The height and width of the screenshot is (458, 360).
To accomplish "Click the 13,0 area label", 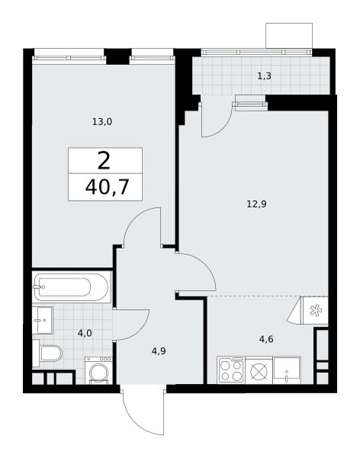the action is [x=102, y=122].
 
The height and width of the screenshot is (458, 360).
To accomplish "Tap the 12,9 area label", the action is [x=256, y=204].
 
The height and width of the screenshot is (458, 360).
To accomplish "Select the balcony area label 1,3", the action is [x=264, y=76].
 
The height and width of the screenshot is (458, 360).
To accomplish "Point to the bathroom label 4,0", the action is [x=85, y=333].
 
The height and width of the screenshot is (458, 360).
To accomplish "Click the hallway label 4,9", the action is [x=159, y=351].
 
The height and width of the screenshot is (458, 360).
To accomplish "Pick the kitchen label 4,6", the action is [x=266, y=340].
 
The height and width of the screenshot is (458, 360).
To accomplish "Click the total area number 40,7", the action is [x=107, y=187].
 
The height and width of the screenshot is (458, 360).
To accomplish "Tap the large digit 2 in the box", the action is [x=104, y=161].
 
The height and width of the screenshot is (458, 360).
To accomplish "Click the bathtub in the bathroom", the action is [x=72, y=287].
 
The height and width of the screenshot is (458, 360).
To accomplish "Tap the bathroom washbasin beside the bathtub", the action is [x=43, y=320].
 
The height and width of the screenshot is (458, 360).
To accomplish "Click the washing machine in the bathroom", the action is [x=98, y=370].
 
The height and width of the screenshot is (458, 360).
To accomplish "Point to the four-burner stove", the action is [x=231, y=370].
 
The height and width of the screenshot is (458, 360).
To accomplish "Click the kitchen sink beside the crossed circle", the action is [x=287, y=370].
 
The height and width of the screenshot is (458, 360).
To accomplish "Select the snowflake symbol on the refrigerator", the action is [x=315, y=311].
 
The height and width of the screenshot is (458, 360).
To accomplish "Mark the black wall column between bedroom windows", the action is [x=117, y=56].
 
